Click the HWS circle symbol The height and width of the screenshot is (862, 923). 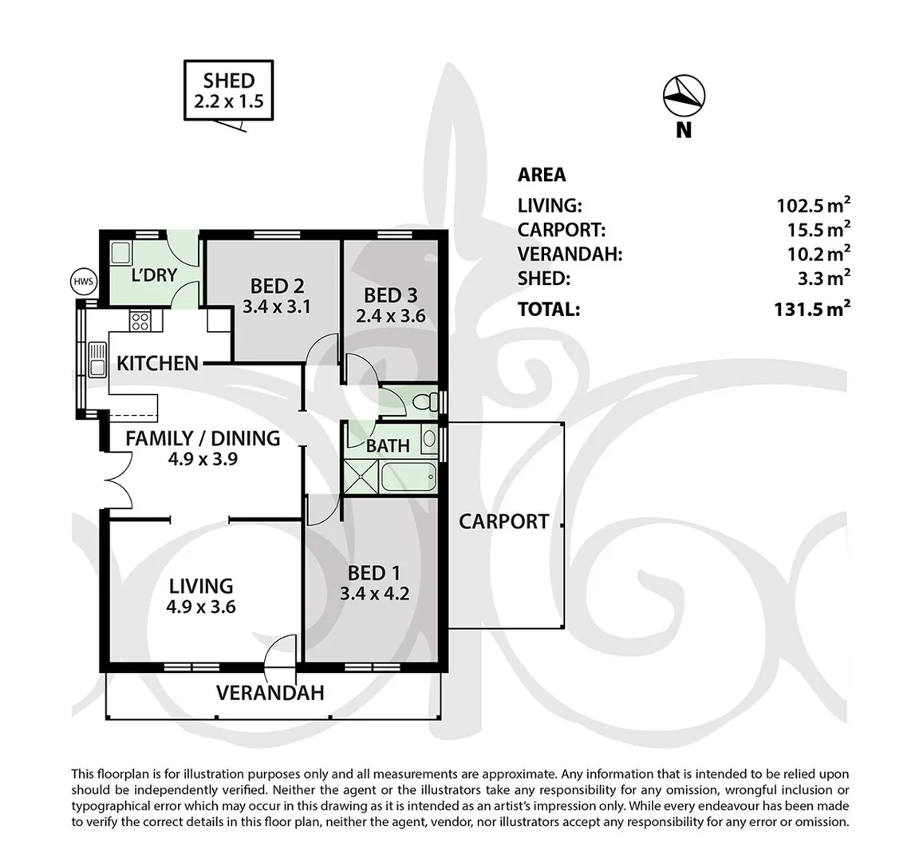coord(83,282)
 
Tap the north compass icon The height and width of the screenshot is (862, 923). coord(684,96)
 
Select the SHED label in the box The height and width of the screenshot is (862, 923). coord(229,81)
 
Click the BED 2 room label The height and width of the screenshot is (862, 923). coord(278,287)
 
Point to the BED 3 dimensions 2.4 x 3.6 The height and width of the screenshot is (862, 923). coord(391,315)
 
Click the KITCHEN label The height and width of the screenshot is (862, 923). coord(158,363)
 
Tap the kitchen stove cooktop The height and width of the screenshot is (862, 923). coord(140,321)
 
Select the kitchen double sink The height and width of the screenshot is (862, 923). coord(97,359)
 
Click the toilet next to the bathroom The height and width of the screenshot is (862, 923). coord(424,402)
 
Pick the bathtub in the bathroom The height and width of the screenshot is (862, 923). coord(408,477)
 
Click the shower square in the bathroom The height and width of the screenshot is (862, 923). coord(362,476)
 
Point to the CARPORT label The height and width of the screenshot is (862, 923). coord(504,522)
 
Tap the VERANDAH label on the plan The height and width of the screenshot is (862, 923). coord(270,693)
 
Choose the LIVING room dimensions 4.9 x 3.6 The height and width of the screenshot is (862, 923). coord(201,607)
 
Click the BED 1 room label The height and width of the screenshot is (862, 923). coord(374,573)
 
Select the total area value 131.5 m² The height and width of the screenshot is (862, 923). coord(812,308)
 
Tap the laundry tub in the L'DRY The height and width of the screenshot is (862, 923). coord(121,253)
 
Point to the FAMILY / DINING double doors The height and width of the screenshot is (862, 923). coord(119,479)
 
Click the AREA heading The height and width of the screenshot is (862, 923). coord(542,175)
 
